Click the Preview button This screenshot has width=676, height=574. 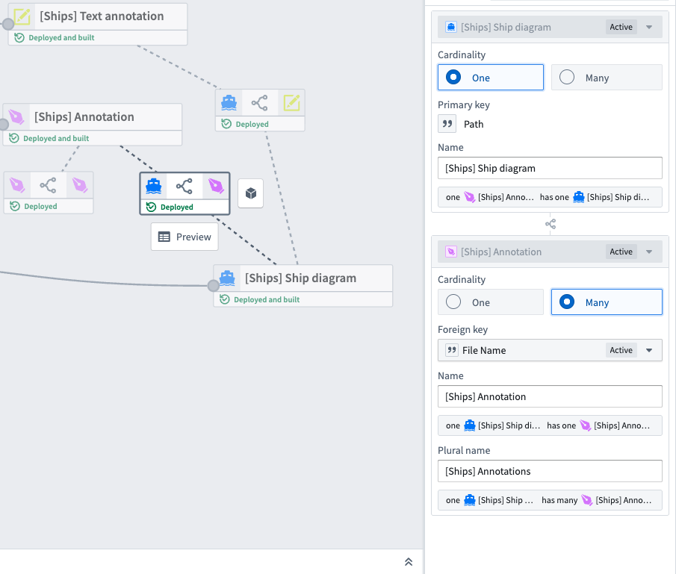tap(184, 237)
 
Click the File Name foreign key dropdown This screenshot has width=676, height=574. tap(549, 350)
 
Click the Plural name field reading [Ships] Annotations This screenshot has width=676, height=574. tap(549, 471)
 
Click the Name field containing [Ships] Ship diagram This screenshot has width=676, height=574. tap(549, 168)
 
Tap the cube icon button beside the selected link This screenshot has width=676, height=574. tap(251, 193)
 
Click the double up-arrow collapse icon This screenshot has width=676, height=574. tap(409, 562)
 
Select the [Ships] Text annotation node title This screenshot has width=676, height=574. tap(102, 16)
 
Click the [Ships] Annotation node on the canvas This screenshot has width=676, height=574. tap(84, 117)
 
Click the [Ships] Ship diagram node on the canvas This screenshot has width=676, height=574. tap(300, 278)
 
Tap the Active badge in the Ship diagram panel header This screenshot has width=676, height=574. tap(621, 27)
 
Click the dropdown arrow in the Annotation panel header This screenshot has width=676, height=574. tap(648, 252)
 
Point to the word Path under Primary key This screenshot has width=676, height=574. tap(474, 124)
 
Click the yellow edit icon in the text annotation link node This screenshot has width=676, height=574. tap(291, 103)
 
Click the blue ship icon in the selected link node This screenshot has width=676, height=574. tap(154, 185)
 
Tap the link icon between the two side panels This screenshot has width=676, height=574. tap(550, 224)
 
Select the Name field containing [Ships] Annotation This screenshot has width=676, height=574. tap(549, 396)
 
